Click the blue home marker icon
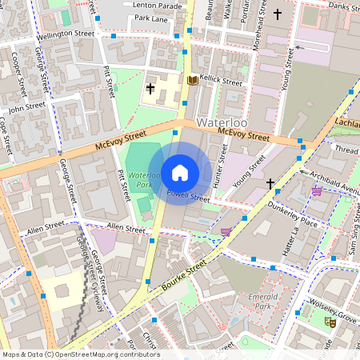[x=180, y=173]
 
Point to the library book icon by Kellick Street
[x=192, y=80]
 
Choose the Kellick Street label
[x=221, y=82]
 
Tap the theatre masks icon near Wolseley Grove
[x=329, y=322]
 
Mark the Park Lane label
[x=152, y=18]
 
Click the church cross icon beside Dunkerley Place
[x=270, y=184]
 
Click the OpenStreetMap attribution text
[x=80, y=354]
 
